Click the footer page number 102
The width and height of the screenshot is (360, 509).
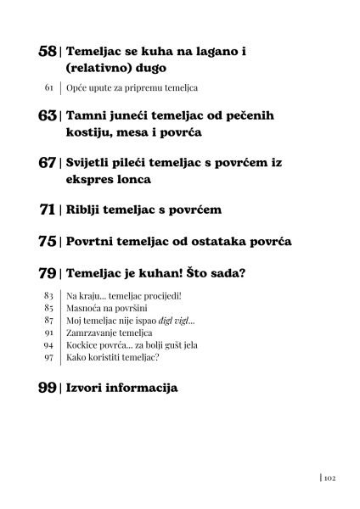pos(332,478)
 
